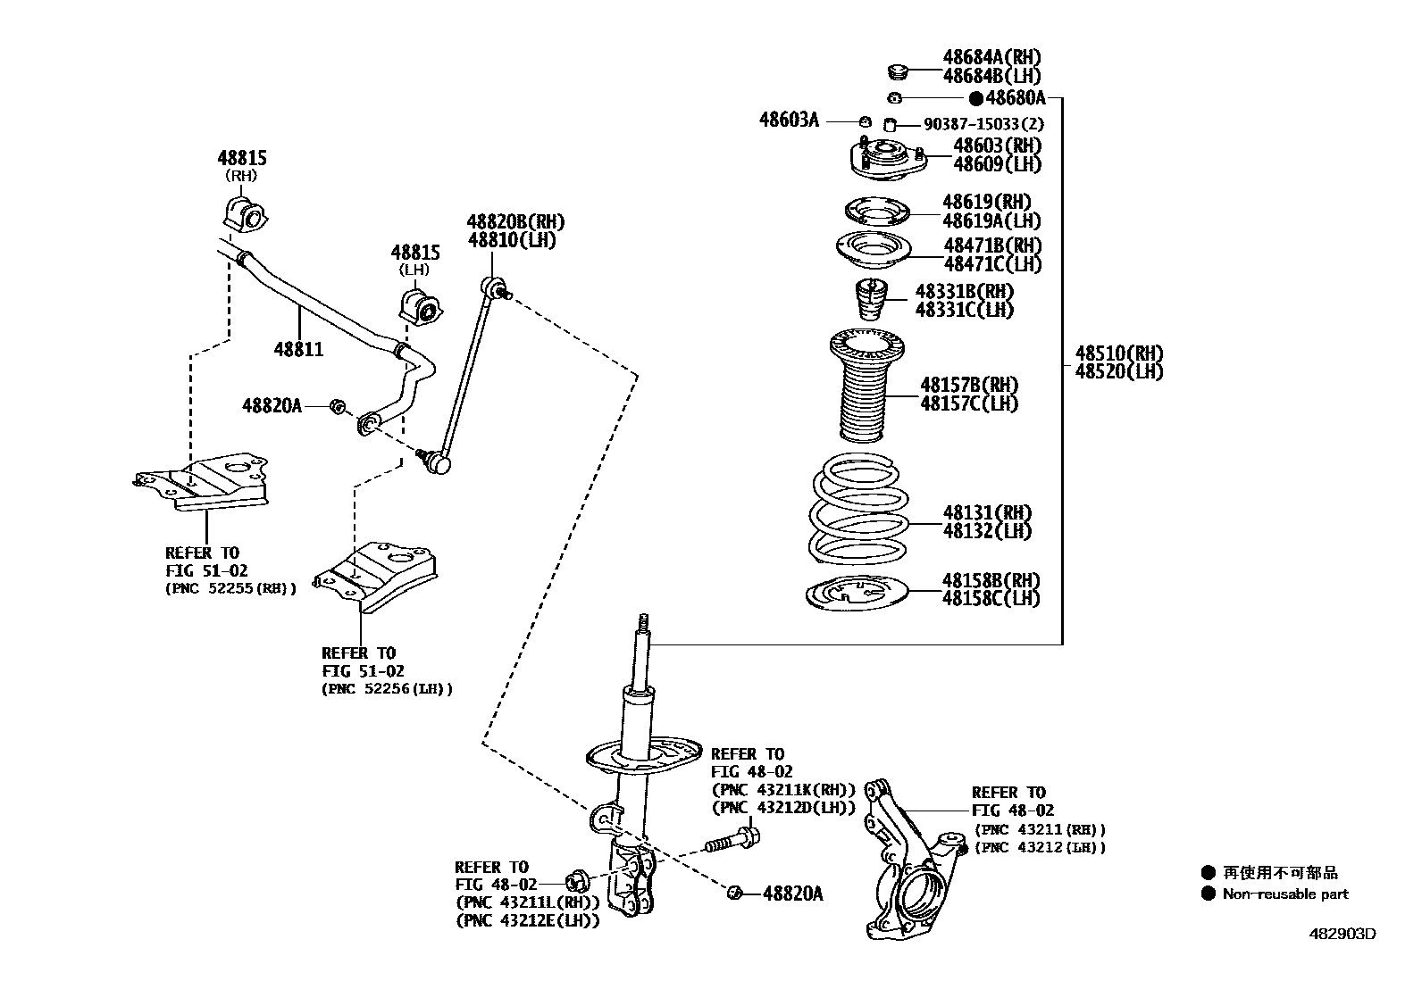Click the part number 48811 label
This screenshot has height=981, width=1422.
[298, 349]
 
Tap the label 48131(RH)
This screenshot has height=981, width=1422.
[986, 513]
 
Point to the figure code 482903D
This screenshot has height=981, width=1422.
[1343, 934]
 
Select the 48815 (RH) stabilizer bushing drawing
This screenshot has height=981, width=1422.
[242, 214]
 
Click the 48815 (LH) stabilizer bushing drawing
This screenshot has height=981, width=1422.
[417, 304]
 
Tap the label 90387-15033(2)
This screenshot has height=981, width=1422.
[983, 124]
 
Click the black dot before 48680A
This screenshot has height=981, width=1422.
[976, 98]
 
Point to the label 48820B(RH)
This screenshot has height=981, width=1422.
[516, 222]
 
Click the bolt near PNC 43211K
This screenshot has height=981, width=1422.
[732, 839]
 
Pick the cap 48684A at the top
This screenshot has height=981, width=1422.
[898, 71]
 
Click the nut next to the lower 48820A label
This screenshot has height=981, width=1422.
[736, 893]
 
